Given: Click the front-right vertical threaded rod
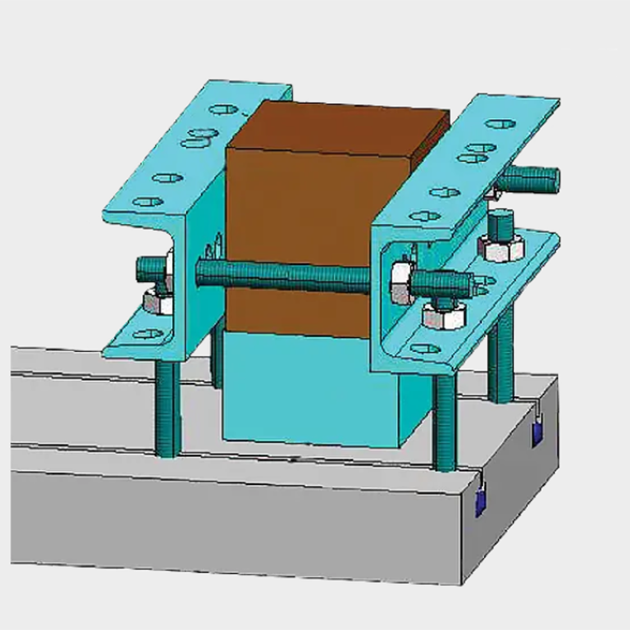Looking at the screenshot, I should pos(444,421).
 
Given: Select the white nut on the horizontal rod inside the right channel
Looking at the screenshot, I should pos(401,283).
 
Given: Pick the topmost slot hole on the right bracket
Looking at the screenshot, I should pos(500,124).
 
